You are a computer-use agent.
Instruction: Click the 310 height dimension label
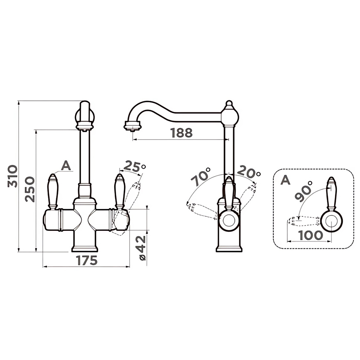(12, 176)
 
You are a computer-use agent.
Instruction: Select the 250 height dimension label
(30, 189)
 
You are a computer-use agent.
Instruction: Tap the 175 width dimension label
(87, 260)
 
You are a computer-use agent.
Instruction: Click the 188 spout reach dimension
(181, 133)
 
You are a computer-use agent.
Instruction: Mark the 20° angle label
(249, 172)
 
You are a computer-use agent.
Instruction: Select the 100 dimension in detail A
(311, 235)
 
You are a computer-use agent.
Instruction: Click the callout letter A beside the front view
(66, 165)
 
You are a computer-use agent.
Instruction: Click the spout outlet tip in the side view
(132, 126)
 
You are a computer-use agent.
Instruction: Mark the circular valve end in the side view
(229, 220)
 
